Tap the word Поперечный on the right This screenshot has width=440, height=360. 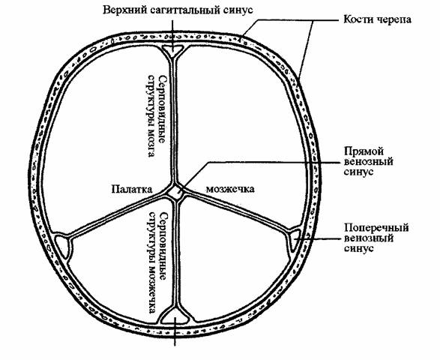point(376,228)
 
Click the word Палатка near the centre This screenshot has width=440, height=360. point(132,189)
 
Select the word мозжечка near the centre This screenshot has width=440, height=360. point(230,189)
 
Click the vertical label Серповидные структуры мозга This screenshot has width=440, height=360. point(157,115)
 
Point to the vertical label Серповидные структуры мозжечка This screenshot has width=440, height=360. point(157,262)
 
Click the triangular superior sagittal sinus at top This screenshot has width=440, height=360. point(172,51)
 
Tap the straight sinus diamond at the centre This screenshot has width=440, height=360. point(175,193)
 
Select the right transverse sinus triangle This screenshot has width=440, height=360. point(294,239)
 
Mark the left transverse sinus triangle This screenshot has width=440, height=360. point(63,244)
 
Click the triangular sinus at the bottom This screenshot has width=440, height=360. point(175,316)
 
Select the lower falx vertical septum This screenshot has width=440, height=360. point(175,253)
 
